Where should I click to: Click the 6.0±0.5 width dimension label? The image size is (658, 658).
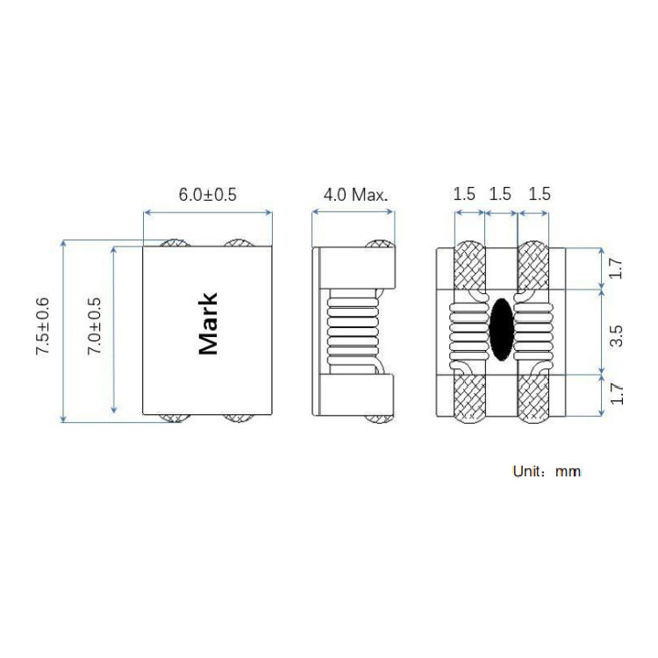(x=208, y=194)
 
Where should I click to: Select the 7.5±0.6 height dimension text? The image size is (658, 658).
(x=42, y=326)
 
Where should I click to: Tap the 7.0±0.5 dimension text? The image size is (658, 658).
(x=94, y=325)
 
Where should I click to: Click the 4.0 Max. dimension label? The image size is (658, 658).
(x=355, y=194)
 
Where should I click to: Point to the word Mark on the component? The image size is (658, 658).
(x=208, y=324)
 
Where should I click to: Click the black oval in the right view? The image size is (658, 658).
(x=502, y=329)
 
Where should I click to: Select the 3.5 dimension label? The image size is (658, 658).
(x=616, y=336)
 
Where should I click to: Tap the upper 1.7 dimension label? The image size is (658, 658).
(x=616, y=268)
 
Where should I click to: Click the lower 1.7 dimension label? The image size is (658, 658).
(x=616, y=394)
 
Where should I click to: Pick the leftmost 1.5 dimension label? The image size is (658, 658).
(x=464, y=194)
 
